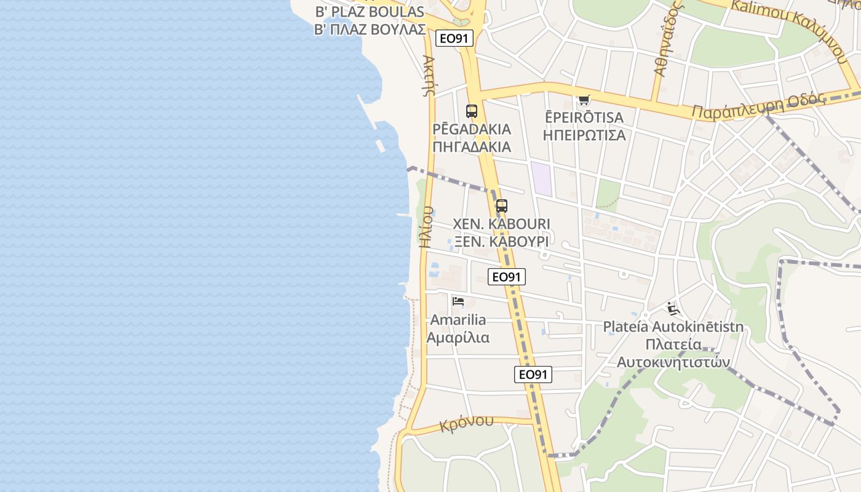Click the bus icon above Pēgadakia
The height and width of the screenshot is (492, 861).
[x=472, y=111]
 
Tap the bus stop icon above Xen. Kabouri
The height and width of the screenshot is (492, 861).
[x=502, y=206]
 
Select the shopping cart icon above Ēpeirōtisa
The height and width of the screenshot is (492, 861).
[x=584, y=100]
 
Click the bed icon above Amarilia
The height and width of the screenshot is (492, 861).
[x=458, y=301]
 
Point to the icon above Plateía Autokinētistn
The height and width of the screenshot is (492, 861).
[x=673, y=308]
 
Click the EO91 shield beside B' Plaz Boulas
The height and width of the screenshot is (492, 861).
[x=454, y=38]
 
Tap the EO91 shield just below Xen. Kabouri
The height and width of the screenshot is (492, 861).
[x=507, y=277]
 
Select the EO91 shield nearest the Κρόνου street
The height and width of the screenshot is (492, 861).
[x=533, y=374]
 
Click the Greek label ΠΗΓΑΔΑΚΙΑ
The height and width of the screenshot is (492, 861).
[x=472, y=146]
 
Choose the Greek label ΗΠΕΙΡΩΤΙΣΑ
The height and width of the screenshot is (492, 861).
[x=584, y=135]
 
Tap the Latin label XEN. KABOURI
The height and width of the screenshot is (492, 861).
[x=501, y=224]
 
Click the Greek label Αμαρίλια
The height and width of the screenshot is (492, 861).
[x=458, y=338]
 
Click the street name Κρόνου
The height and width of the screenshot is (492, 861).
[x=467, y=423]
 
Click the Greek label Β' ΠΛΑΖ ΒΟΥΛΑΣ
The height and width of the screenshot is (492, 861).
[x=370, y=29]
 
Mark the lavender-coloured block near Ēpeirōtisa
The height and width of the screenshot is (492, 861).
[x=542, y=179]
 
